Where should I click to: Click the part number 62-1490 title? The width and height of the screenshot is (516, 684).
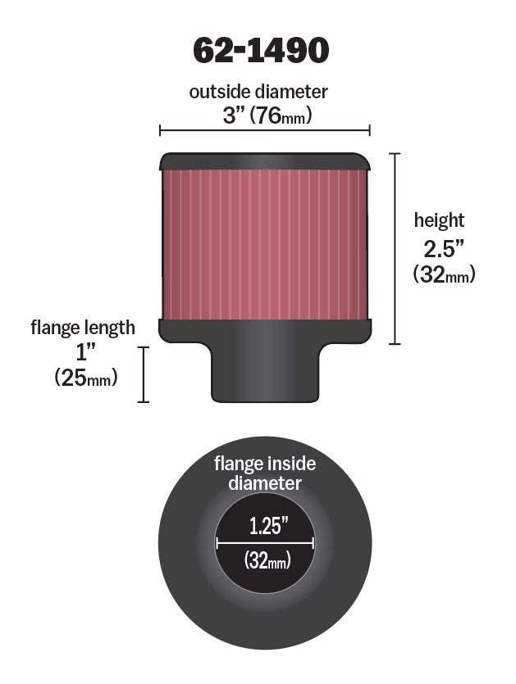[261, 51]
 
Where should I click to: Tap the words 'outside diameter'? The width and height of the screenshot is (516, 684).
[258, 92]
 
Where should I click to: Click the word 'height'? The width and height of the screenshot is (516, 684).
[439, 220]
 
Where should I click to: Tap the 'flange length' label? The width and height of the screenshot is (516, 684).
[83, 328]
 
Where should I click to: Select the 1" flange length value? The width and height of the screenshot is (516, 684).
[84, 353]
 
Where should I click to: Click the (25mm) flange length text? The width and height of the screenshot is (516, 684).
[85, 378]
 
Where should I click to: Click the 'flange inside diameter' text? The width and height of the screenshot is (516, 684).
[264, 473]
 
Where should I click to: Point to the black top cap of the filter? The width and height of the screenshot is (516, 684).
[264, 159]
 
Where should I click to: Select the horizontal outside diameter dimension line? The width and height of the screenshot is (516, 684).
[264, 129]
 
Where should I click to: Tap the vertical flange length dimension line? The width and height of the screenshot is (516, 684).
[145, 374]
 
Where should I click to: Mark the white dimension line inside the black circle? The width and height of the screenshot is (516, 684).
[265, 542]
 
